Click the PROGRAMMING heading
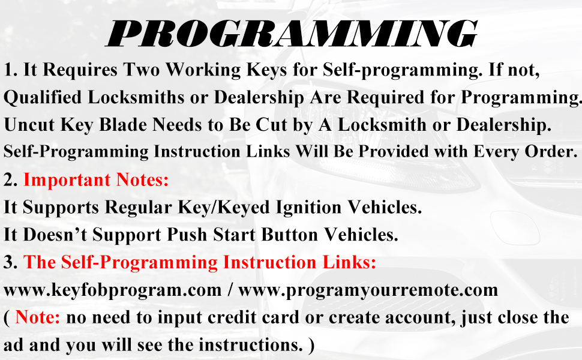[292, 34]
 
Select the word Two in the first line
[141, 70]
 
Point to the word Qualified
[43, 98]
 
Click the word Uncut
[29, 125]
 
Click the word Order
[551, 151]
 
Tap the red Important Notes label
[96, 179]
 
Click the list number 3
[10, 262]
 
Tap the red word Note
[37, 317]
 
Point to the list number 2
[10, 180]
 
